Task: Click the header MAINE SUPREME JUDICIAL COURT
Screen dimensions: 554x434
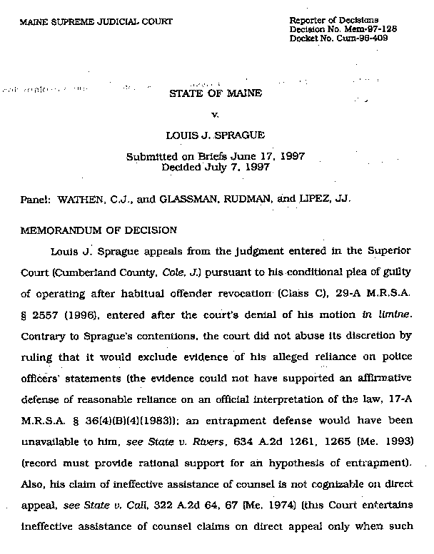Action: point(96,22)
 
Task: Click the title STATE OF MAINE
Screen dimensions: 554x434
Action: point(216,93)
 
